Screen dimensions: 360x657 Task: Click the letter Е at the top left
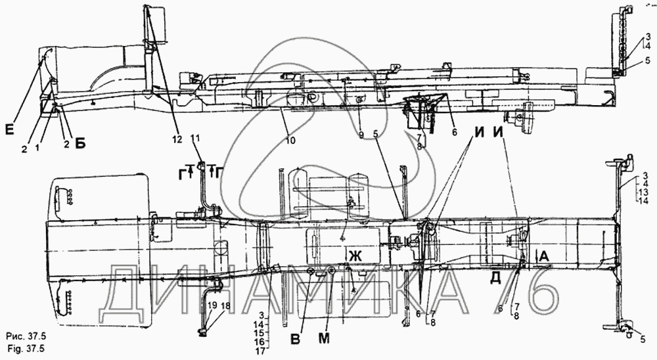9,129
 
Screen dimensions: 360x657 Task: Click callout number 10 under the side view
290,141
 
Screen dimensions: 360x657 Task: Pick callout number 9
361,135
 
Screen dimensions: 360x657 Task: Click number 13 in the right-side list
643,192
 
